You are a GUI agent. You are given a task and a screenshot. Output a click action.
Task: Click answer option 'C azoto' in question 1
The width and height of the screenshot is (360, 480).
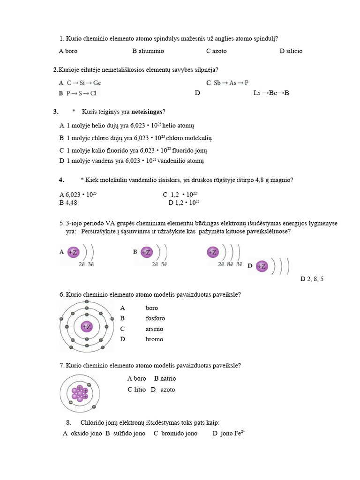click(x=216, y=51)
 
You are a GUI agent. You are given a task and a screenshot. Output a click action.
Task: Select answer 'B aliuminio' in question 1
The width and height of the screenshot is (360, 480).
click(x=148, y=51)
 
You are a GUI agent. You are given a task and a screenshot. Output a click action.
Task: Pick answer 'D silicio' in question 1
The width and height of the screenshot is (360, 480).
click(x=291, y=51)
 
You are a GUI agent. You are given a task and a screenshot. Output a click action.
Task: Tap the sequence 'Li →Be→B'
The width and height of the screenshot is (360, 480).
click(x=271, y=93)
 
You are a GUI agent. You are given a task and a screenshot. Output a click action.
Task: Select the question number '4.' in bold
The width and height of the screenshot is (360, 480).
click(x=61, y=180)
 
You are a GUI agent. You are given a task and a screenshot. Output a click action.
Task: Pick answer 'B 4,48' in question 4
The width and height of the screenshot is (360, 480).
click(x=68, y=202)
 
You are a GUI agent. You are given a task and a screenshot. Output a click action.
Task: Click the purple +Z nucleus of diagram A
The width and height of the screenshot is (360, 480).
click(x=73, y=252)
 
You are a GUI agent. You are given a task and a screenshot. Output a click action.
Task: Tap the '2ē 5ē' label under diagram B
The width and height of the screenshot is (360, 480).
click(x=159, y=264)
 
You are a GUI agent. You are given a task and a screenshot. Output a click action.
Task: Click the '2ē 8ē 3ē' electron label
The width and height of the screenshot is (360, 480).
click(x=230, y=264)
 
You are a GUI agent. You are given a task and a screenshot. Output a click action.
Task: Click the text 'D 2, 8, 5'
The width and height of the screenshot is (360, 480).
click(x=312, y=279)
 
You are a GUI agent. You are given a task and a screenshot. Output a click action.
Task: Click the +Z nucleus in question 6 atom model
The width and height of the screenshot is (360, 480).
click(x=86, y=327)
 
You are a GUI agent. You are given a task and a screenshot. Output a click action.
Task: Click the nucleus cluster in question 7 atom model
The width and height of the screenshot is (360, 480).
click(x=80, y=393)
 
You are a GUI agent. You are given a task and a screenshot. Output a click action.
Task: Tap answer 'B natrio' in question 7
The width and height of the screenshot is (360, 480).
click(x=165, y=378)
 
